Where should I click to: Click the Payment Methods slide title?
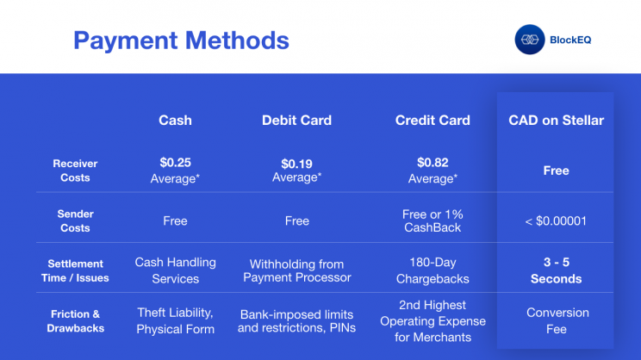click(181, 40)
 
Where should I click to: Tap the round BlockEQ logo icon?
click(529, 40)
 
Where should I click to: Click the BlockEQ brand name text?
click(570, 40)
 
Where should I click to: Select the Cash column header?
click(175, 120)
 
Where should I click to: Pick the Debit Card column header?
click(296, 120)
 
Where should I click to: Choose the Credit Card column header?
click(433, 120)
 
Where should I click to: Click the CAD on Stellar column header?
click(556, 120)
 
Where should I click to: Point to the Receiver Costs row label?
click(75, 171)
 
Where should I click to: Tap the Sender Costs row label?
click(75, 220)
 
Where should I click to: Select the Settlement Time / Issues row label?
click(75, 271)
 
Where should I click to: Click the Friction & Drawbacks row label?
click(75, 321)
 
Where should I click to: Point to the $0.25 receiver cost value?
click(176, 163)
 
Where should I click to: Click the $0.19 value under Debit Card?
click(296, 164)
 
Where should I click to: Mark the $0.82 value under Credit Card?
click(433, 163)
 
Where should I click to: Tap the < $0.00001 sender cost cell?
click(556, 221)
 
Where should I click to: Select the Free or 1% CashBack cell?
click(433, 220)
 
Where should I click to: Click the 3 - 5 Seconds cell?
click(556, 270)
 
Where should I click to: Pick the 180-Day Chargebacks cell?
click(433, 270)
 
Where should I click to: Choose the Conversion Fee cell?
click(557, 320)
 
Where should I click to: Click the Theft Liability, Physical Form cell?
click(176, 320)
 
